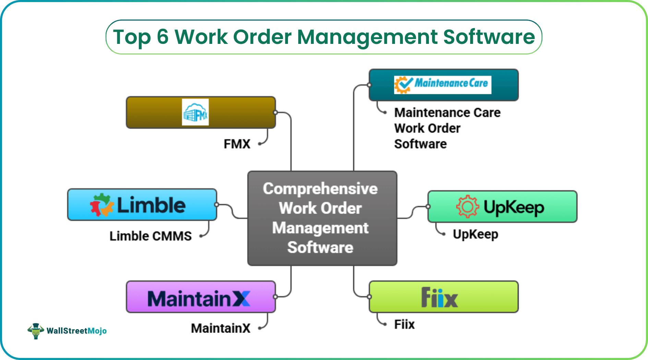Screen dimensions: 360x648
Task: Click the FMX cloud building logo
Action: [x=195, y=112]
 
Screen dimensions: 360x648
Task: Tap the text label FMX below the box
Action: [x=237, y=144]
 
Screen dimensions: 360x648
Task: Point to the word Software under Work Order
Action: [x=420, y=144]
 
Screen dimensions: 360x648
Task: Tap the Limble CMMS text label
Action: [x=151, y=236]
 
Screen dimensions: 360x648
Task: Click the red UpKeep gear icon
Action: [x=467, y=206]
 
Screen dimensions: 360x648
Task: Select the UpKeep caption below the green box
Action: [x=475, y=235]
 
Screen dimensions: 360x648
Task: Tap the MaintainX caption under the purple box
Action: [x=220, y=328]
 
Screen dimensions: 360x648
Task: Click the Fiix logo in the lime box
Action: [x=439, y=297]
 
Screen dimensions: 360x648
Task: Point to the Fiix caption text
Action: [x=404, y=324]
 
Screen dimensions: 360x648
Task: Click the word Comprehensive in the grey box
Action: [x=320, y=189]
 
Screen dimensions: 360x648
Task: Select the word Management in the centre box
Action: [x=320, y=228]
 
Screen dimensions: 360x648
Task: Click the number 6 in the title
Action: [x=163, y=37]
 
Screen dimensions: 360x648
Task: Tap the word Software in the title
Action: [x=489, y=37]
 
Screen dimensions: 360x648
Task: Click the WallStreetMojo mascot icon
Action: [x=36, y=331]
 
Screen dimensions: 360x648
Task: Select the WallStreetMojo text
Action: [x=76, y=331]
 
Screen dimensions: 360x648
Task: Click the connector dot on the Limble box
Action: [x=217, y=205]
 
